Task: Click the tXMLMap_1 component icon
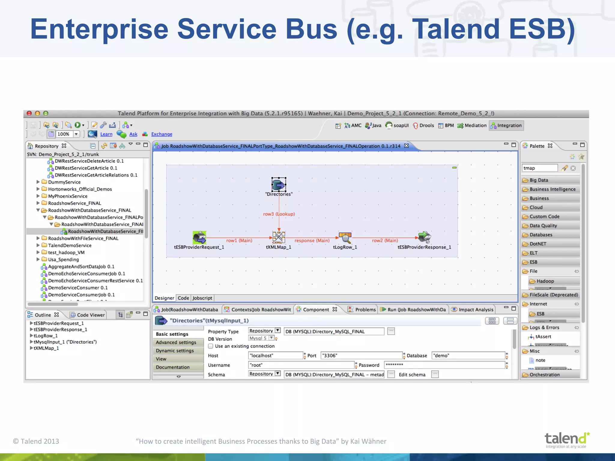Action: click(x=279, y=237)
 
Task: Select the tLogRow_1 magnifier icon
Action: click(x=345, y=237)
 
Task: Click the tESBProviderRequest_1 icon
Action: click(x=199, y=237)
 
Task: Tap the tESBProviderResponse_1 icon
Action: click(x=424, y=237)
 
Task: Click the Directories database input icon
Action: click(x=279, y=185)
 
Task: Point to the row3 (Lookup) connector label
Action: click(x=279, y=214)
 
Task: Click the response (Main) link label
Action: click(x=312, y=240)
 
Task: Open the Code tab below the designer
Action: click(x=183, y=298)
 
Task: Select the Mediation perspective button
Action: click(x=472, y=125)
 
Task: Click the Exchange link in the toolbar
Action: click(x=162, y=134)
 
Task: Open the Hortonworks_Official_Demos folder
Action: click(x=80, y=189)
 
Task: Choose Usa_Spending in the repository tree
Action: click(x=63, y=259)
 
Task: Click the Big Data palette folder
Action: click(x=539, y=180)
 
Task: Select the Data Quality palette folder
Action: click(x=543, y=226)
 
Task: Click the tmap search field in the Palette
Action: click(x=539, y=168)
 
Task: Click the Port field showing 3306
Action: click(x=361, y=356)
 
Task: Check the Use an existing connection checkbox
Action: click(x=211, y=346)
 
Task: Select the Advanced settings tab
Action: click(x=176, y=342)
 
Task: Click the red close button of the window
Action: click(x=29, y=113)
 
